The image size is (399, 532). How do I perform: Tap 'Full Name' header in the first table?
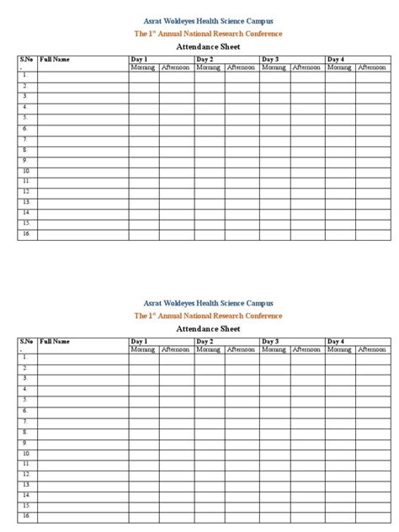(54, 60)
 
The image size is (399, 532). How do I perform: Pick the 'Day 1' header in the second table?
(139, 341)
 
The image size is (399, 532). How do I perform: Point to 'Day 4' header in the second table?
(335, 341)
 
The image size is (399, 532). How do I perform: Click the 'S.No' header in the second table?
(26, 341)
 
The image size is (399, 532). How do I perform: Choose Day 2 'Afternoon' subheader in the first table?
(242, 66)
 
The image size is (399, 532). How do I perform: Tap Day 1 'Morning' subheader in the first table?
(143, 66)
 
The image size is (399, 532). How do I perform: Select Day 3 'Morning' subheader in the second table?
(274, 348)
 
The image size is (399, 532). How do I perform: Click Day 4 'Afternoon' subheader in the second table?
(372, 348)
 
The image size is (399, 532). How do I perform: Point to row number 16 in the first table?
(27, 233)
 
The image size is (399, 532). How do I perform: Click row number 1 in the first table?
(26, 76)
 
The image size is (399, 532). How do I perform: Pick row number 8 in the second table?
(26, 431)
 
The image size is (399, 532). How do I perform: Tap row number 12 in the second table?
(27, 473)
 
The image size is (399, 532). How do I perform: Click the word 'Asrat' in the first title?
(155, 19)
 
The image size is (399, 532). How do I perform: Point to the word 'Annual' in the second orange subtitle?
(185, 315)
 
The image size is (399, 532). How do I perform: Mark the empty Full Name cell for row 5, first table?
(82, 118)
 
